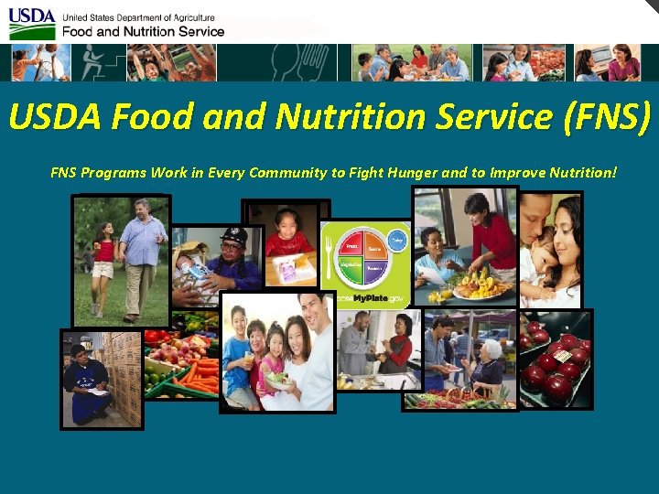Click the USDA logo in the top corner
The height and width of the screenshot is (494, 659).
(32, 24)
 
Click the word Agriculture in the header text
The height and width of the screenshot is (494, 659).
(188, 17)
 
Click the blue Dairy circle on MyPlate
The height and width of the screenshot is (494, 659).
(396, 240)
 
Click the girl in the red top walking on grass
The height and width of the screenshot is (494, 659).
(103, 265)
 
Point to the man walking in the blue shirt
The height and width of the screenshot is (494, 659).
(142, 256)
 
